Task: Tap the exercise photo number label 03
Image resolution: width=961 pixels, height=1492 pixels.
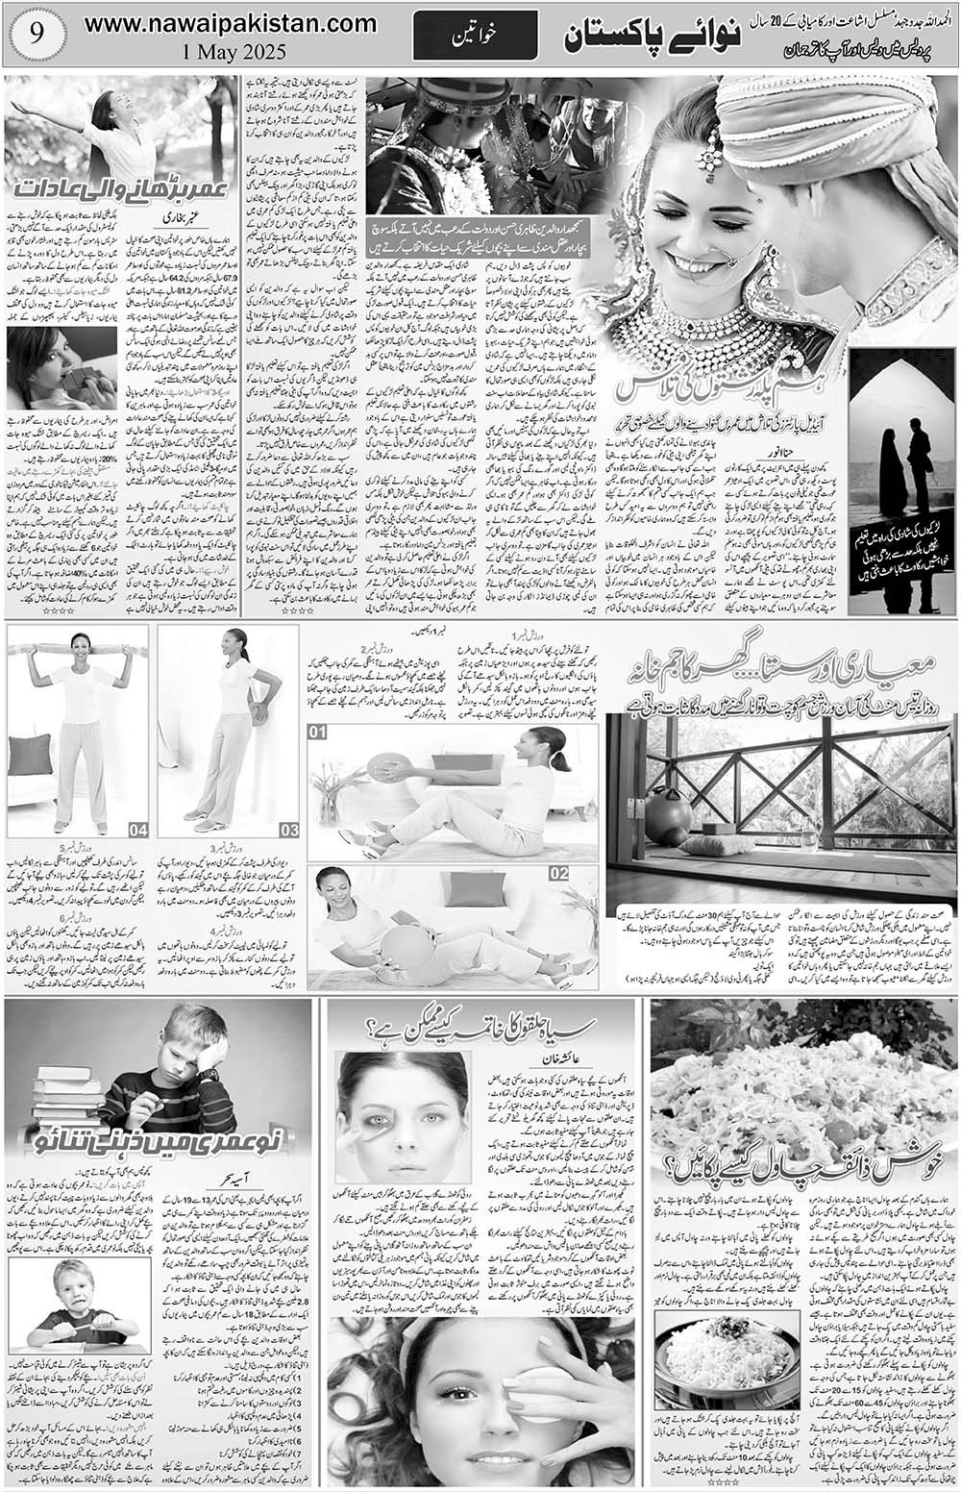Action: coord(289,829)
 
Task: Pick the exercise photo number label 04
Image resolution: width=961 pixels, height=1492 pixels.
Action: coord(138,829)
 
